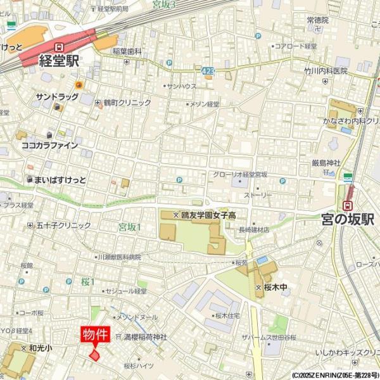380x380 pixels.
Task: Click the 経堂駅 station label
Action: [59, 62]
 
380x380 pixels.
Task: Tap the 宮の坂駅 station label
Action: [347, 220]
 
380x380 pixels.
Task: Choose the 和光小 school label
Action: [40, 348]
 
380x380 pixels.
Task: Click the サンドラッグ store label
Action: [57, 97]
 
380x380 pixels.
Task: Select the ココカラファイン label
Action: [50, 145]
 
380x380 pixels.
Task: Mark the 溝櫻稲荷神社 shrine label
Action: [145, 338]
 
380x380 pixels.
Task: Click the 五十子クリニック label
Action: [63, 225]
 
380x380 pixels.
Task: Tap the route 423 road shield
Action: [208, 72]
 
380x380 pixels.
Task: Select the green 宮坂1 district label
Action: [129, 227]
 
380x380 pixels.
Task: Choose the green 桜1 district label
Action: [87, 281]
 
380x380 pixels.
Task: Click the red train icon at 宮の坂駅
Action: [347, 205]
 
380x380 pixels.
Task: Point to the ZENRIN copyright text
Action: [335, 375]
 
